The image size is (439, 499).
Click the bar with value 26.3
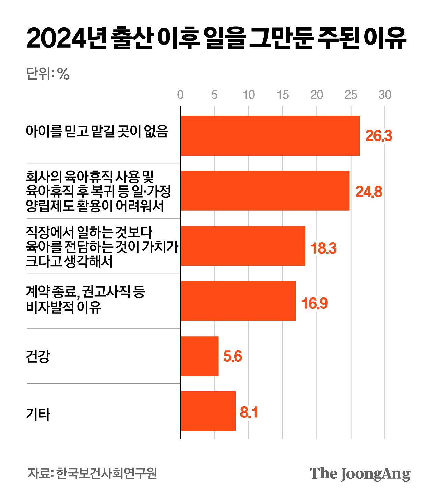[270, 136]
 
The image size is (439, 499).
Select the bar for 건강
[199, 356]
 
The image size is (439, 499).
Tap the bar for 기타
[208, 411]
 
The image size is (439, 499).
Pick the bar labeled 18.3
[242, 246]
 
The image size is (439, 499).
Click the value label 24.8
[368, 192]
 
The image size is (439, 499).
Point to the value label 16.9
[314, 303]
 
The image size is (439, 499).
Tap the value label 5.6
[232, 356]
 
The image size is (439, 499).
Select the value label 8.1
[249, 412]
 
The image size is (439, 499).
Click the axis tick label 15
[283, 95]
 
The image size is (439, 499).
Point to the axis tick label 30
[385, 95]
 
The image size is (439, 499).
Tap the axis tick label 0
[180, 95]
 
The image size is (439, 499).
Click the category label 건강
[38, 356]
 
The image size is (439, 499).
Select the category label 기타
[38, 414]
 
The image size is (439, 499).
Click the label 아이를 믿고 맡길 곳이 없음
[97, 132]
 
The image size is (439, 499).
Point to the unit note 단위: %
[48, 74]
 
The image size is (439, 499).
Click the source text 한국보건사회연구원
[106, 473]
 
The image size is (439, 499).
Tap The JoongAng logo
[360, 474]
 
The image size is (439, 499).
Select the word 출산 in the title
[132, 39]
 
